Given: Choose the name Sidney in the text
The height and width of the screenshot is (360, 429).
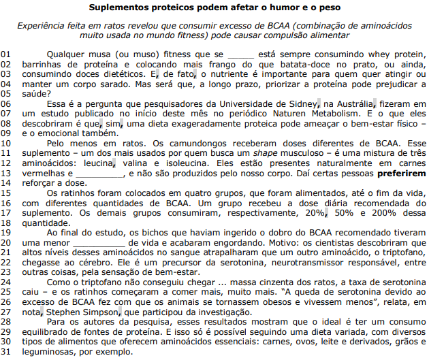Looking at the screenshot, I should [302, 103].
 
